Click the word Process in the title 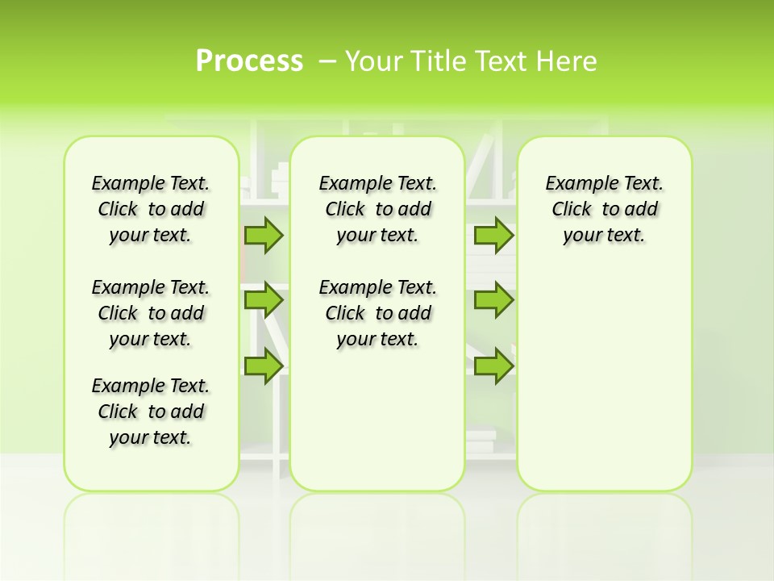click(x=249, y=61)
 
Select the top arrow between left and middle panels click(x=264, y=236)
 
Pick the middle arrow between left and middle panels click(x=264, y=301)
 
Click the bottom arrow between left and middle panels click(x=264, y=366)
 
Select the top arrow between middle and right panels click(x=493, y=236)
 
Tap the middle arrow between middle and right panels click(x=493, y=301)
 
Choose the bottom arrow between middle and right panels click(x=493, y=366)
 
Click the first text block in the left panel click(x=151, y=209)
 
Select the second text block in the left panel click(x=151, y=313)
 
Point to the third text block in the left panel click(x=151, y=412)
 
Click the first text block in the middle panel click(x=377, y=209)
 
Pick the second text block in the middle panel click(x=377, y=313)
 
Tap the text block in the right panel click(x=605, y=209)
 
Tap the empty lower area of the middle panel click(x=377, y=420)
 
